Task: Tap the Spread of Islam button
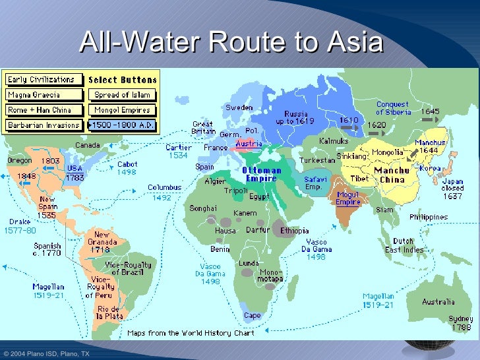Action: [x=122, y=95]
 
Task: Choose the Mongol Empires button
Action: [x=122, y=110]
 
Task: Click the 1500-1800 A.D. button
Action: [x=122, y=125]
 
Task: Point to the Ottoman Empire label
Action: [x=263, y=174]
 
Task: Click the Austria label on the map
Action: [x=249, y=144]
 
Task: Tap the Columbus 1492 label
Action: [x=164, y=192]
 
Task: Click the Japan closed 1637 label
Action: [x=452, y=189]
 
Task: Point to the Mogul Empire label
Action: [x=348, y=198]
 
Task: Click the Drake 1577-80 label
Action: [x=21, y=225]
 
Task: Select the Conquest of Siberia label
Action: [x=394, y=108]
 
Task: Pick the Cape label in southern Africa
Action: [x=253, y=315]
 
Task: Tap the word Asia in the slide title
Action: [x=355, y=44]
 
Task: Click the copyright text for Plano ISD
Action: [x=45, y=354]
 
